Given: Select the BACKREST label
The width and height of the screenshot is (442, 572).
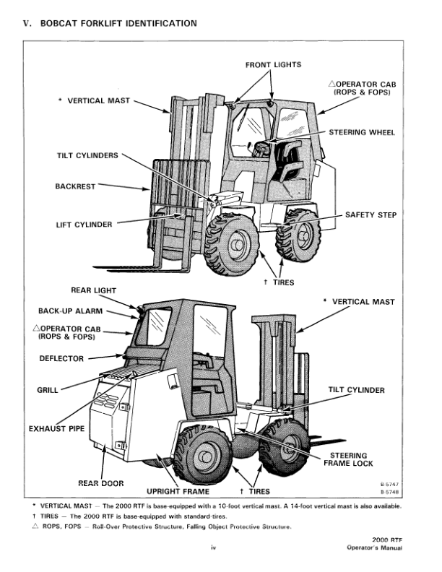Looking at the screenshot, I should pos(75,186).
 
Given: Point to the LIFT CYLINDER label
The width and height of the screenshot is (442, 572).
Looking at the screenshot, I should pos(84,225).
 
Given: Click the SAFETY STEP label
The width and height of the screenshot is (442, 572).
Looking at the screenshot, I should pos(370,215).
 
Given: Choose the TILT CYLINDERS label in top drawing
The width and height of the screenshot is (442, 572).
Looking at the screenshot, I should pos(87,155).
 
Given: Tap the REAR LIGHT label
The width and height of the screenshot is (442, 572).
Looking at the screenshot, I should pos(93,290).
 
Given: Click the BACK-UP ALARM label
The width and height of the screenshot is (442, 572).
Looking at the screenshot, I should pos(71,311).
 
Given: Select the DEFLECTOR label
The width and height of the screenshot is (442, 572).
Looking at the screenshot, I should pos(62,358).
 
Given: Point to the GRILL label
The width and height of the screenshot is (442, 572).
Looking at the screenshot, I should pos(48,390).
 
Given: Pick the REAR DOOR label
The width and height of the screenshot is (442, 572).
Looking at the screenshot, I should pos(101,482).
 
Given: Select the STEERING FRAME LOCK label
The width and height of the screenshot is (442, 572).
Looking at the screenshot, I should pos(352,459).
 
